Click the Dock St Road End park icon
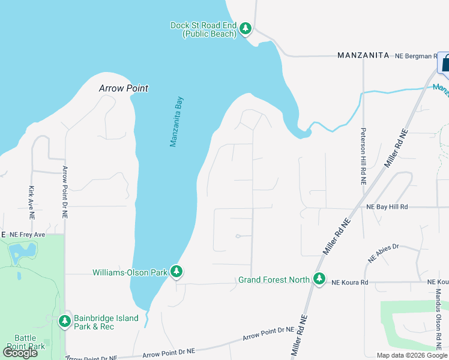coord(245,28)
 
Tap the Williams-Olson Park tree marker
coord(176,272)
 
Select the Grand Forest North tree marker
coord(319,279)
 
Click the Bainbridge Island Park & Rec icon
coord(65,322)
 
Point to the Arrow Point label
coord(123,88)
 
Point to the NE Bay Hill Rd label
coord(387,207)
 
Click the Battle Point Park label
coord(25,342)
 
